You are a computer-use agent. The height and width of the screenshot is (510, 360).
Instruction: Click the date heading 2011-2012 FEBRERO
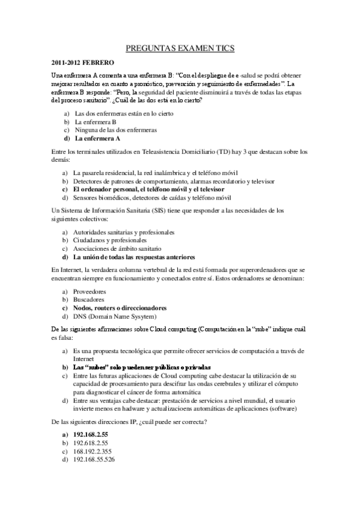(82, 63)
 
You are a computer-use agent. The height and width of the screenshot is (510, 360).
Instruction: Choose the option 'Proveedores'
(90, 291)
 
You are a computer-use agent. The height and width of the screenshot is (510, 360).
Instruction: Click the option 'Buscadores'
(89, 300)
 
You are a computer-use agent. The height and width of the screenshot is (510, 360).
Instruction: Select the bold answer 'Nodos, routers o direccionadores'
(120, 308)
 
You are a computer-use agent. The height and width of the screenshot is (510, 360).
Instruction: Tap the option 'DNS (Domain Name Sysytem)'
(115, 316)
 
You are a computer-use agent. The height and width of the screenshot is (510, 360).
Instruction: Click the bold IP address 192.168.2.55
(91, 434)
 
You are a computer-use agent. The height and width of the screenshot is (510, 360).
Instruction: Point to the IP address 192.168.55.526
(94, 459)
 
